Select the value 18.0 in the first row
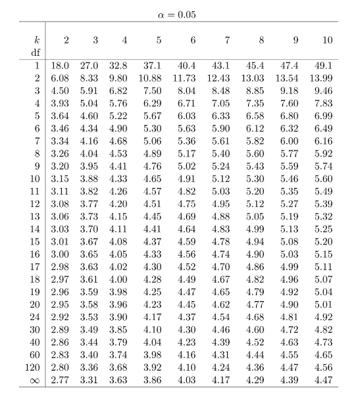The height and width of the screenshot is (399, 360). (x=61, y=66)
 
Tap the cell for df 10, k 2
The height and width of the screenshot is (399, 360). (x=61, y=178)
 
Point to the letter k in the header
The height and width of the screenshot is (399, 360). (x=36, y=40)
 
